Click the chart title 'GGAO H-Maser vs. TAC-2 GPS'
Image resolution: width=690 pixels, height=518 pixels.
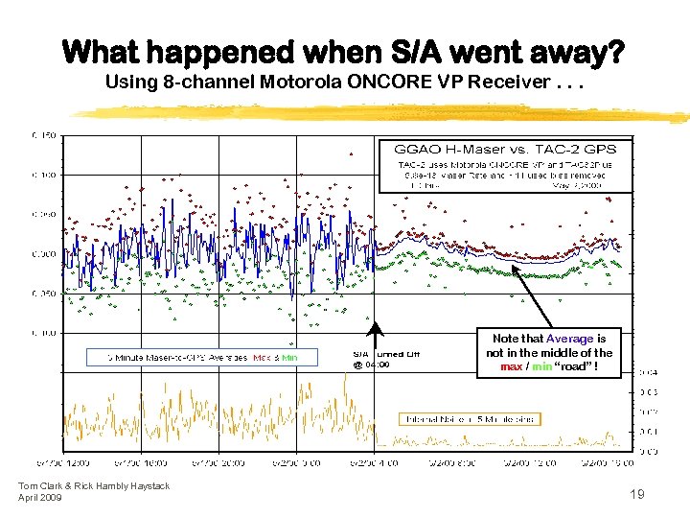[x=506, y=150]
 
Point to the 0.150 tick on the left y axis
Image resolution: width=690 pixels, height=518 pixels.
[x=44, y=134]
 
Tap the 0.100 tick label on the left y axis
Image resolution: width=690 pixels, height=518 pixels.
[x=44, y=175]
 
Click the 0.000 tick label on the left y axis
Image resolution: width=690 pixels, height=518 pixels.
[x=44, y=254]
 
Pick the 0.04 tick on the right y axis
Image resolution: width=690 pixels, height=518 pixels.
[x=649, y=372]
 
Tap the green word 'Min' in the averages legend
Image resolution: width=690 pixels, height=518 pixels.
[x=289, y=358]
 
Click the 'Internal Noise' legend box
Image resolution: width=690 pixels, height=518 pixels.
[x=470, y=419]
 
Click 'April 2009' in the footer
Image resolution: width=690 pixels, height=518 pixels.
[x=40, y=498]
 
